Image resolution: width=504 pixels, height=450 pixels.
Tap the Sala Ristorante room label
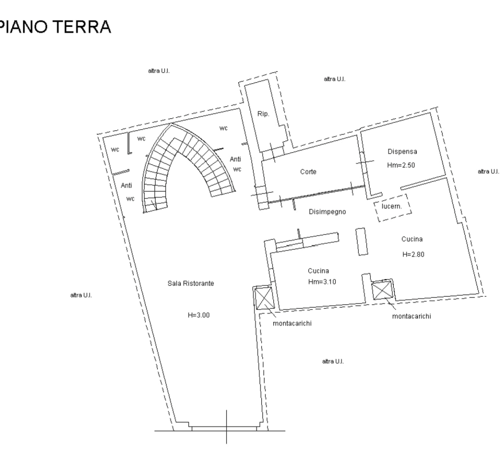click(x=191, y=284)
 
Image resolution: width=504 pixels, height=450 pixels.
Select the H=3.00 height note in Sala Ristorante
click(x=195, y=314)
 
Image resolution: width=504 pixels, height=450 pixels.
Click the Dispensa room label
click(x=402, y=152)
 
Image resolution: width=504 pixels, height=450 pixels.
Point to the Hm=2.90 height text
click(x=401, y=165)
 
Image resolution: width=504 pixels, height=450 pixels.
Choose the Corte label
click(x=309, y=172)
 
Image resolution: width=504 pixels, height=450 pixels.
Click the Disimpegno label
click(x=327, y=212)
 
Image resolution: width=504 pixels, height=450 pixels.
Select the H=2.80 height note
click(x=412, y=254)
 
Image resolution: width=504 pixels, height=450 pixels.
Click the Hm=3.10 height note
click(x=321, y=282)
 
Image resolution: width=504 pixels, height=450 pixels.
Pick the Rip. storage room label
click(x=263, y=114)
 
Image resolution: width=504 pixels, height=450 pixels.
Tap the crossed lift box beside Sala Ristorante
click(x=263, y=298)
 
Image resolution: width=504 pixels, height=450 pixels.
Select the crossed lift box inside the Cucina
click(x=382, y=289)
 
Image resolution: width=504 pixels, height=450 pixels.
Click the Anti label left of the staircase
click(x=127, y=185)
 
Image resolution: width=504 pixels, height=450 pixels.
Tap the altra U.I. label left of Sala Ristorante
click(x=81, y=295)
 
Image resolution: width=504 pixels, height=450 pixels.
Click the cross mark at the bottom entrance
click(x=227, y=428)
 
